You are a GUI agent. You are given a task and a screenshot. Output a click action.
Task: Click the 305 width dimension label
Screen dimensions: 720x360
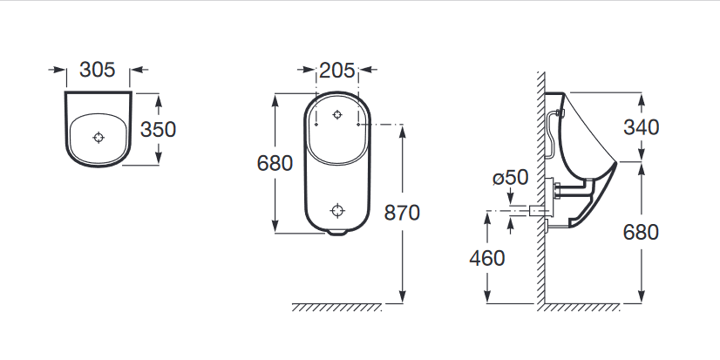click(x=98, y=70)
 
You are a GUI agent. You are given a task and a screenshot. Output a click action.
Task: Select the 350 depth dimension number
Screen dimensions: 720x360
click(x=158, y=130)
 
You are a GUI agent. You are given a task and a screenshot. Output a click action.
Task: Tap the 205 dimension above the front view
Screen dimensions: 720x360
click(x=337, y=71)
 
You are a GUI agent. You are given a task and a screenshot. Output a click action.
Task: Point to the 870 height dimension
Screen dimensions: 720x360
click(x=402, y=213)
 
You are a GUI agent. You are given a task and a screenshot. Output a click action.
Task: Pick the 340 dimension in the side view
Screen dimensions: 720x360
click(x=641, y=127)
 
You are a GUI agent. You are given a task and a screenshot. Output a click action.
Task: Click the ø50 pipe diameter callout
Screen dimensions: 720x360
click(x=511, y=178)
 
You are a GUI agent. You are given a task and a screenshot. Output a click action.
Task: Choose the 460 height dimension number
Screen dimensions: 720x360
click(x=486, y=259)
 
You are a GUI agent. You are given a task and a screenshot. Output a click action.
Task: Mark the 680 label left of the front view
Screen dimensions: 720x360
click(x=275, y=163)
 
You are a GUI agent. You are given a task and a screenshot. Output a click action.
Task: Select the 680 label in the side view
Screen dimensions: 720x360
click(x=641, y=233)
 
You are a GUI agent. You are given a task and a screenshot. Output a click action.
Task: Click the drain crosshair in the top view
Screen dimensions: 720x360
click(x=98, y=138)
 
